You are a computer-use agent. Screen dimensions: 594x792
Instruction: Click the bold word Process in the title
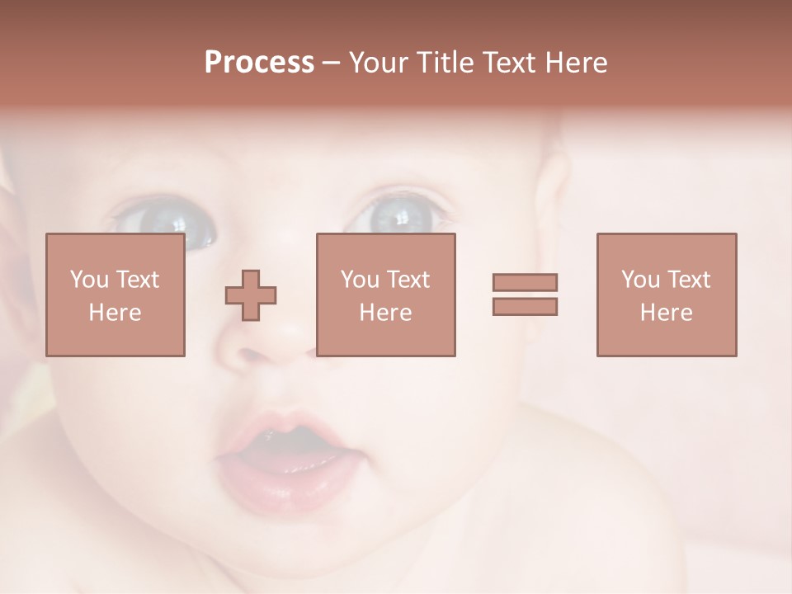click(259, 63)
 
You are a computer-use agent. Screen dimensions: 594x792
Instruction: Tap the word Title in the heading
click(445, 63)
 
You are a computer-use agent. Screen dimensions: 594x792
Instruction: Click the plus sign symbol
click(251, 295)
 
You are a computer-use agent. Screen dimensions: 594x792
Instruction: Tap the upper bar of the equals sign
click(525, 282)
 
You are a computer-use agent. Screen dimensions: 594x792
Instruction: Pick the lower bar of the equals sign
click(525, 306)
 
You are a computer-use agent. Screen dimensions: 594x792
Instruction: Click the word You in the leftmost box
click(89, 280)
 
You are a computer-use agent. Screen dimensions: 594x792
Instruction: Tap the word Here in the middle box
click(385, 313)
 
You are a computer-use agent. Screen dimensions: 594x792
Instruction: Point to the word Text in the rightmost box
click(688, 280)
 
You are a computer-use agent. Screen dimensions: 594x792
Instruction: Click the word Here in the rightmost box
click(667, 313)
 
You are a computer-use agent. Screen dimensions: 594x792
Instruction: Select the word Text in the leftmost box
click(137, 280)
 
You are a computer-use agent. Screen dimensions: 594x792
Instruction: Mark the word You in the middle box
click(360, 280)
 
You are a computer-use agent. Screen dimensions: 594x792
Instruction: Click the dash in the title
click(331, 64)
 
